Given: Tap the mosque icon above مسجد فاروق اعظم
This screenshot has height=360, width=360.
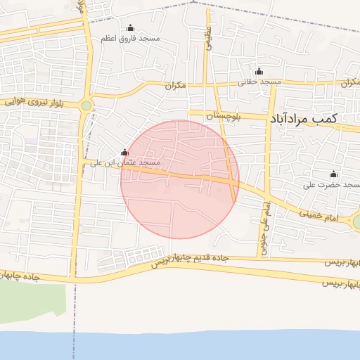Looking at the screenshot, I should pos(130,28).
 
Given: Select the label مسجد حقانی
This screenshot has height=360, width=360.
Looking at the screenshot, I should pos(259,82).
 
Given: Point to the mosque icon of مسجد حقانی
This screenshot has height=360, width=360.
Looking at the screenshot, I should pos(259,71).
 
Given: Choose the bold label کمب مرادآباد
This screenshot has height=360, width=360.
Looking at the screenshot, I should pos(302,120).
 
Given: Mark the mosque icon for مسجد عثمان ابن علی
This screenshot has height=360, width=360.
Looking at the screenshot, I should pos(125,153).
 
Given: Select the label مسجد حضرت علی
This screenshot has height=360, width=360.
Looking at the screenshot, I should pos(327,185).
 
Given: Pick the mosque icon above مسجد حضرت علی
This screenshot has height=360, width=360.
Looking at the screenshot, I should pos(333,174).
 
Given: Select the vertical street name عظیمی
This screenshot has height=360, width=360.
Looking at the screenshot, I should pos(209,37).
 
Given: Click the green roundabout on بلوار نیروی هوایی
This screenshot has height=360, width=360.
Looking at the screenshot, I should pos(86,106).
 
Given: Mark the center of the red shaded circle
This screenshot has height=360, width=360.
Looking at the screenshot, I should pos(180,179).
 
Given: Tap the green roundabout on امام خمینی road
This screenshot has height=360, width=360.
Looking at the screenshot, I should pos(356,223).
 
